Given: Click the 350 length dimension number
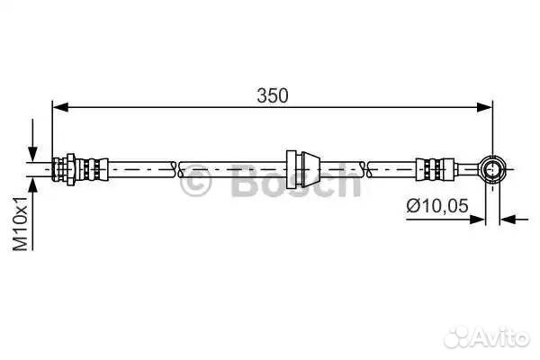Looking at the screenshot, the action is tap(273, 95).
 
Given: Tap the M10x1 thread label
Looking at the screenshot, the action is tap(21, 224).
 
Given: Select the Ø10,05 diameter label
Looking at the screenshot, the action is tap(437, 206).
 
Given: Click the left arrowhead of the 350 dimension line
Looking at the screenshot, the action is tap(60, 107).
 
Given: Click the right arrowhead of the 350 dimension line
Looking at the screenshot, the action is tap(484, 107).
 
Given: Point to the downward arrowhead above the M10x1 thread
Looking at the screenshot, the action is tap(32, 154).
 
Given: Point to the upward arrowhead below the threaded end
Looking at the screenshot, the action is tap(32, 185).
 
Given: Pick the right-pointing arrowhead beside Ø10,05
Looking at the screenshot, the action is tap(478, 219).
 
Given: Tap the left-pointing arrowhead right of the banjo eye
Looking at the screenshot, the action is tap(508, 219).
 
